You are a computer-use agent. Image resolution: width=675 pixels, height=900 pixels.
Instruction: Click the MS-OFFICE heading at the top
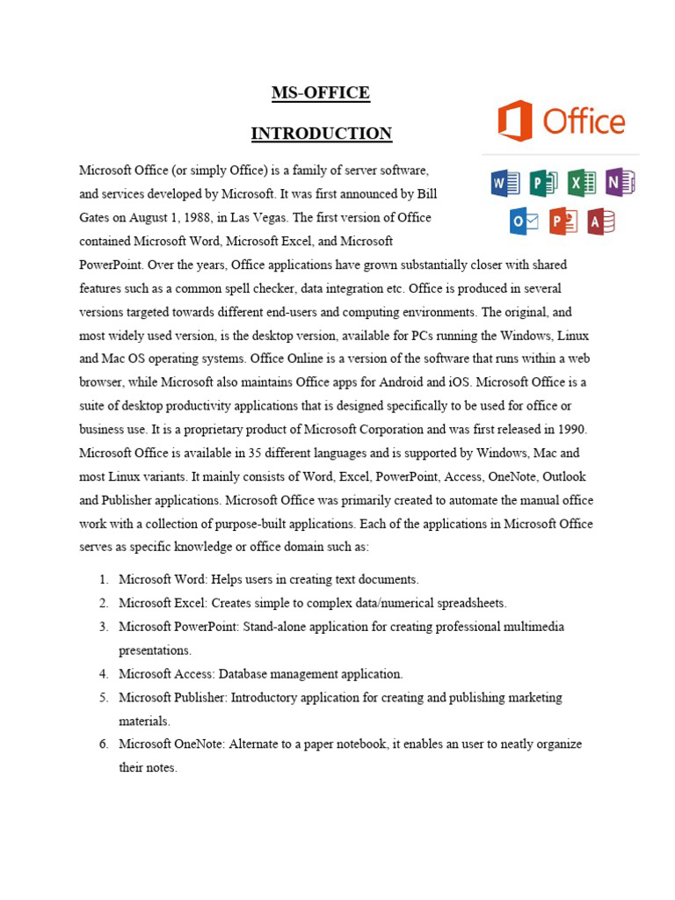(x=321, y=92)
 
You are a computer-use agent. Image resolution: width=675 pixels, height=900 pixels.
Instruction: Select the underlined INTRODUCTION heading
(x=321, y=134)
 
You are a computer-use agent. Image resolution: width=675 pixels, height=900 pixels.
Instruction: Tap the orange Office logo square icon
(x=514, y=121)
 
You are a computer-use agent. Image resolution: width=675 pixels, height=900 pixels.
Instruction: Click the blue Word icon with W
(x=504, y=183)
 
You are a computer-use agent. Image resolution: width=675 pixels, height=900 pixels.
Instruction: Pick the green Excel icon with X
(x=581, y=183)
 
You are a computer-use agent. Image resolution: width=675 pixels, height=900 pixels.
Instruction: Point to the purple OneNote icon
(x=620, y=183)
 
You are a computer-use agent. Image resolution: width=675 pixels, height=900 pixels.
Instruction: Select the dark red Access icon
(x=601, y=221)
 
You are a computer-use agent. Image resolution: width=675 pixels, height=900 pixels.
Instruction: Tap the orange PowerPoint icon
(x=563, y=221)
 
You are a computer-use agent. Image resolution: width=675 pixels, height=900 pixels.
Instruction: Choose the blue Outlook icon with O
(x=524, y=221)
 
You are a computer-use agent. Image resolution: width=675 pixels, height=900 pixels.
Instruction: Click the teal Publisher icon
(x=543, y=183)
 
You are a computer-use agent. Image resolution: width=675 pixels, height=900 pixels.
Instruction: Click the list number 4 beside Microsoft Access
(x=103, y=674)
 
